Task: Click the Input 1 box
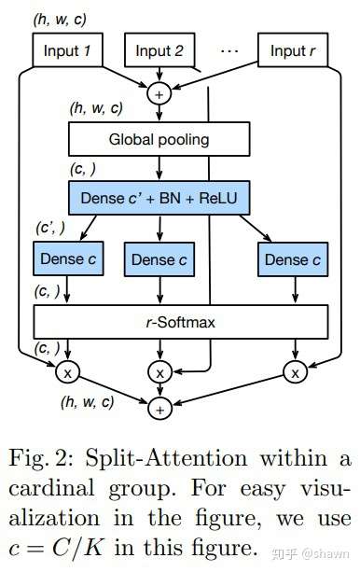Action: (x=67, y=50)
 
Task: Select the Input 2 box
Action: (x=159, y=50)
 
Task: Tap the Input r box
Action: (x=293, y=50)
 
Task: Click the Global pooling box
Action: (x=159, y=139)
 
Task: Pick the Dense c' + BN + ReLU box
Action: (x=159, y=198)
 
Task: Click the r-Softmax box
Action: (x=181, y=322)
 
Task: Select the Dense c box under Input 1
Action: (x=68, y=258)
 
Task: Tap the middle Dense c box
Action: (x=159, y=259)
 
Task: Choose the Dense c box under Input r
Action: (x=293, y=259)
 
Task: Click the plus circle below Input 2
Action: (x=159, y=93)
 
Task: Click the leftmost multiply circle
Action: (x=67, y=371)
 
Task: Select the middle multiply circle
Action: (x=159, y=371)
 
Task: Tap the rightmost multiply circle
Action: (x=296, y=371)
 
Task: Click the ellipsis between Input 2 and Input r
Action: (x=229, y=50)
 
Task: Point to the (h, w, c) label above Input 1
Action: (x=60, y=19)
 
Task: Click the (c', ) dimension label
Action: (x=50, y=228)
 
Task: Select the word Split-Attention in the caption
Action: (x=166, y=458)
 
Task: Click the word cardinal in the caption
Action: (x=52, y=487)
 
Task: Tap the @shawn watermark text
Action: (x=325, y=553)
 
